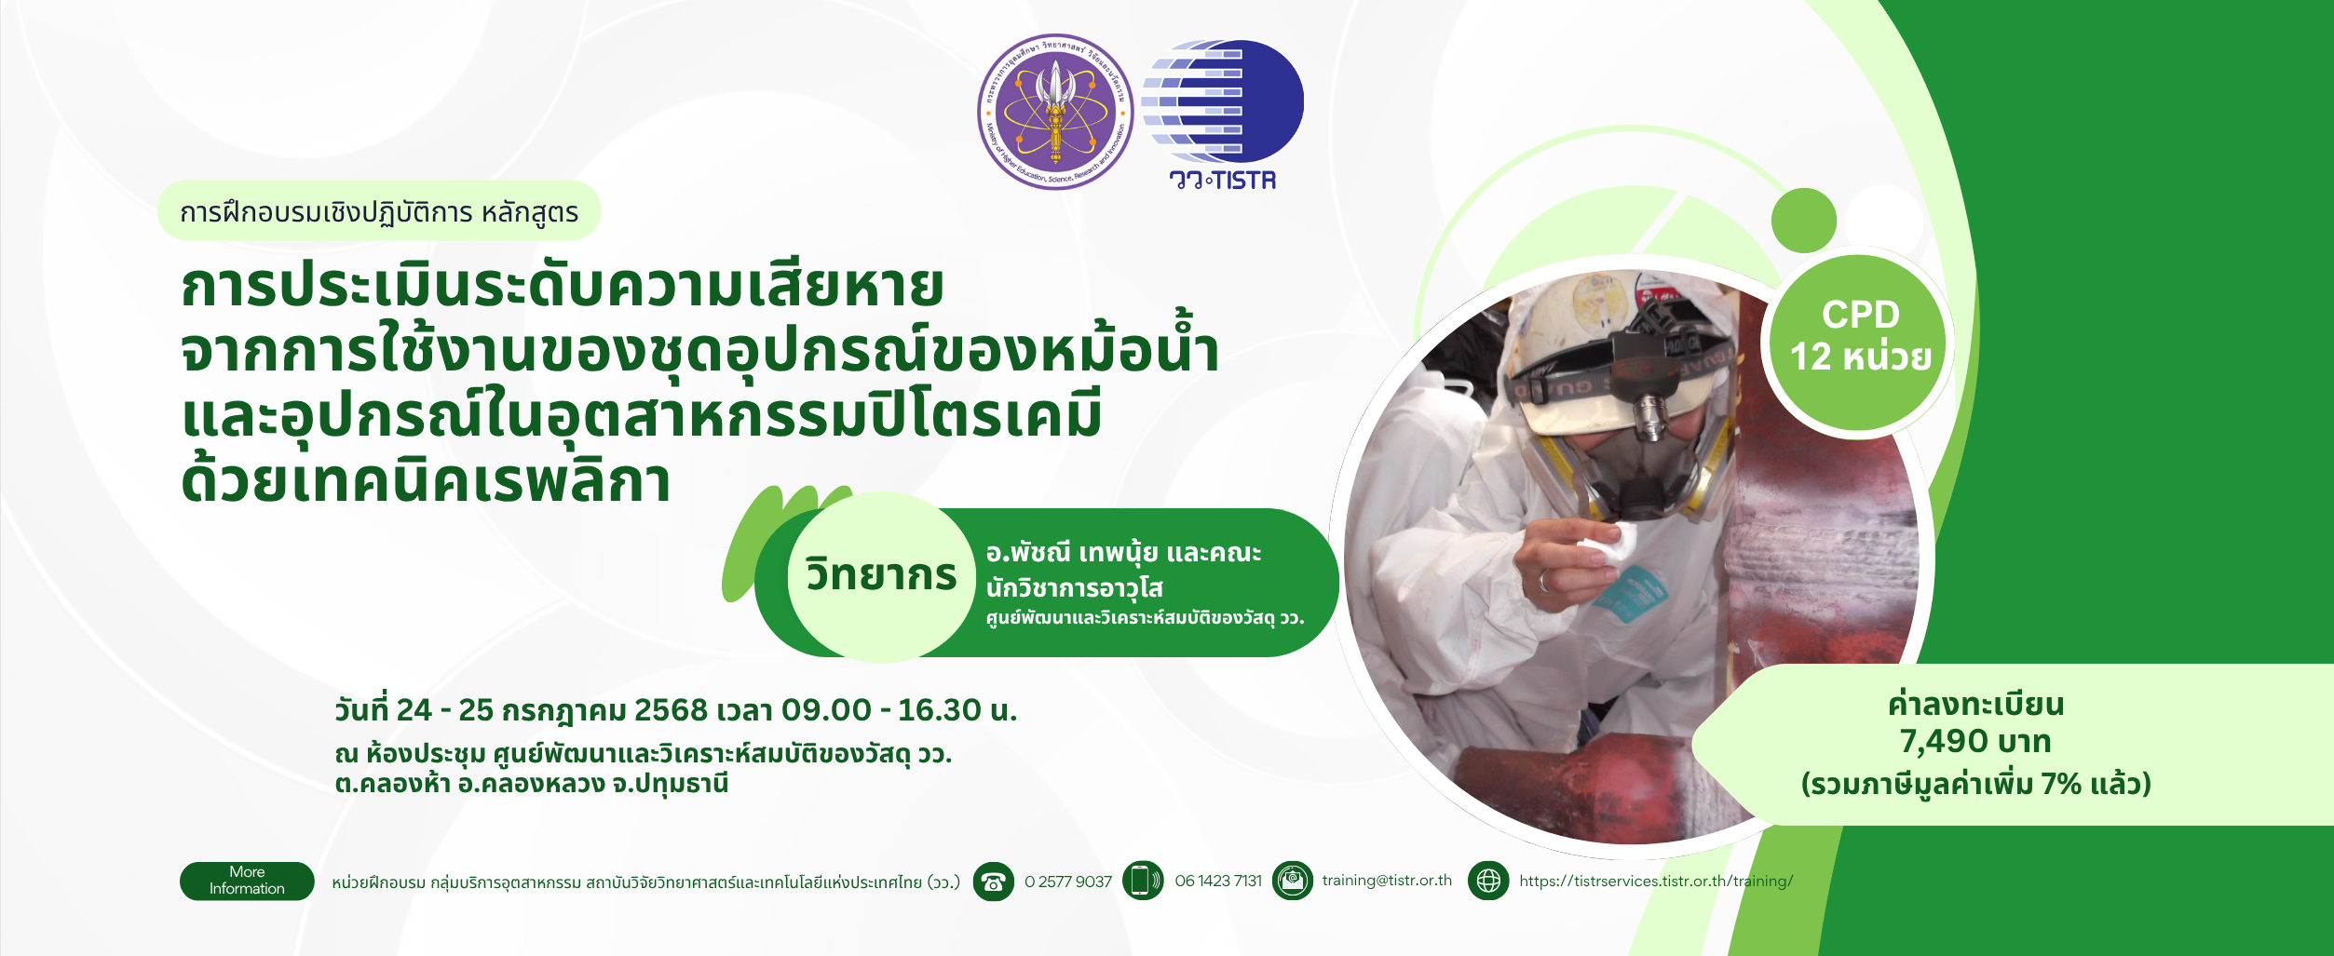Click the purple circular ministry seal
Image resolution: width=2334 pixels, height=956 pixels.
pos(1055,112)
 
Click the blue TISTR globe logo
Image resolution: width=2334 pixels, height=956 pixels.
pos(1223,102)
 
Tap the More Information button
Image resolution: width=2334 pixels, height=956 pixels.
pos(247,881)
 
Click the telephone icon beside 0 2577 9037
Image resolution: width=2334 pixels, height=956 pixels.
pos(994,882)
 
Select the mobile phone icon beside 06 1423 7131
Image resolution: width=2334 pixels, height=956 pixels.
pos(1143,881)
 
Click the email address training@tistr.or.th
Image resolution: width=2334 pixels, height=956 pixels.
pos(1387,881)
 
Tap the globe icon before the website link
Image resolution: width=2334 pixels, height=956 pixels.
pos(1488,881)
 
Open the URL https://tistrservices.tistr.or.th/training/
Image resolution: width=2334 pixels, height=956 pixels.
pos(1656,881)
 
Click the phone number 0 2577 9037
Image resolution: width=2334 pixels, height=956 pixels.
pos(1068,882)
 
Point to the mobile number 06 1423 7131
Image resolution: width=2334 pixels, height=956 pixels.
pos(1218,881)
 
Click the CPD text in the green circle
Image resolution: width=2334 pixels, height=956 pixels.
pos(1860,315)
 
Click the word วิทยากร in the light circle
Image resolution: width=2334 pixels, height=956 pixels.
pos(881,574)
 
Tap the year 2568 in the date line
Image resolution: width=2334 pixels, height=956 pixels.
pos(671,710)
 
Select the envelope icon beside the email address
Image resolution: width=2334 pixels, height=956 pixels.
pos(1293,881)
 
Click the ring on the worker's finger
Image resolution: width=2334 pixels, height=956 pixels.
pos(1543,582)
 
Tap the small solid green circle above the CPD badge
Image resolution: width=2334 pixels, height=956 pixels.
pos(1804,221)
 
